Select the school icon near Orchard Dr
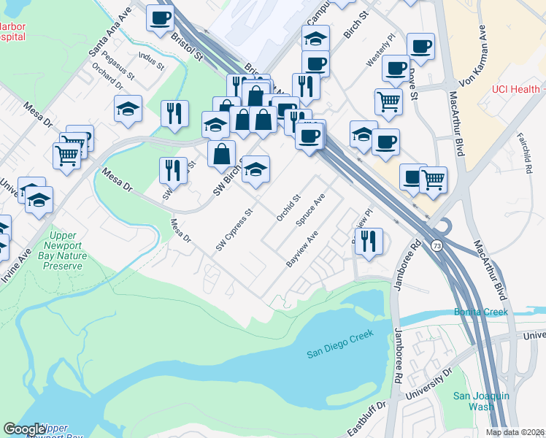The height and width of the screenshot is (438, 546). [128, 109]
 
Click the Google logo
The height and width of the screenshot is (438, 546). [25, 429]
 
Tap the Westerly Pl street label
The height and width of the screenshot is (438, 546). [380, 50]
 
